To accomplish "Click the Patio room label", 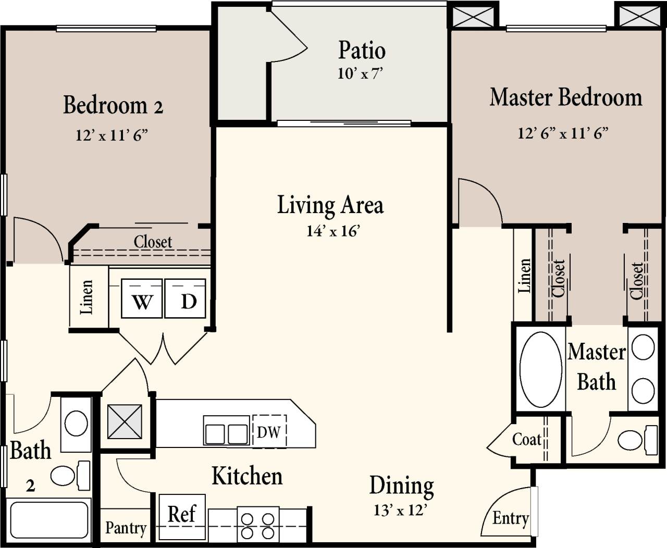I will (x=362, y=51).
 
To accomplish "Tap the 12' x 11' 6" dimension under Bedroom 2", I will (x=112, y=135).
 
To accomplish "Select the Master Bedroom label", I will (x=565, y=98).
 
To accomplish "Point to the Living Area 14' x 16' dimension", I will (x=333, y=231).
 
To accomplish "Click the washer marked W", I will (x=142, y=299).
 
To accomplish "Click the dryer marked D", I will (x=186, y=299).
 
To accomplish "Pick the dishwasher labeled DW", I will (x=269, y=431).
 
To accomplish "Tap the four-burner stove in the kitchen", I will (x=257, y=526).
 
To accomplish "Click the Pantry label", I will (x=126, y=528).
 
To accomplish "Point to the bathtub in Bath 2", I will (x=49, y=520).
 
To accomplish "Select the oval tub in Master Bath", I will (x=541, y=369).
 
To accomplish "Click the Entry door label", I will (x=510, y=518).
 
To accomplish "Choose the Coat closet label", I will (x=527, y=440).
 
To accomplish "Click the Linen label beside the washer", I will (x=87, y=297).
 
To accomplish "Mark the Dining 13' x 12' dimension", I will (x=400, y=510).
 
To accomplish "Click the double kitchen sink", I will (x=226, y=432).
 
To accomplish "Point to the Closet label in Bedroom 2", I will (x=153, y=242).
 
